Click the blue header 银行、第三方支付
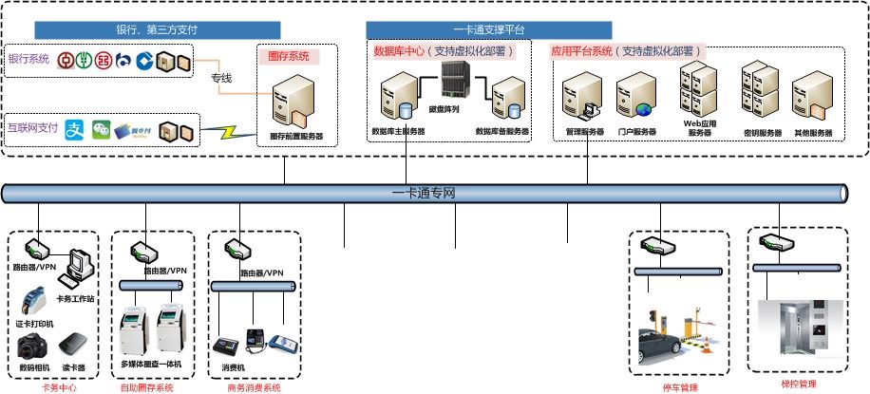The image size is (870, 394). click(157, 29)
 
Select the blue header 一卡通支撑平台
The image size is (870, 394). click(489, 29)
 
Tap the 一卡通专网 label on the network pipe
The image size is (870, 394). click(424, 194)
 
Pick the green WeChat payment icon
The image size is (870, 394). click(101, 130)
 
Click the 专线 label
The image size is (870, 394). click(220, 78)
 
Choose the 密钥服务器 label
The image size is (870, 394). click(762, 133)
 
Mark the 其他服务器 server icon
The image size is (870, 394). click(813, 98)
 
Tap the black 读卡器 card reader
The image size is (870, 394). click(74, 345)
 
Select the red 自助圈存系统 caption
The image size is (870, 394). click(147, 387)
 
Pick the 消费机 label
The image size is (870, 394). click(234, 366)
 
